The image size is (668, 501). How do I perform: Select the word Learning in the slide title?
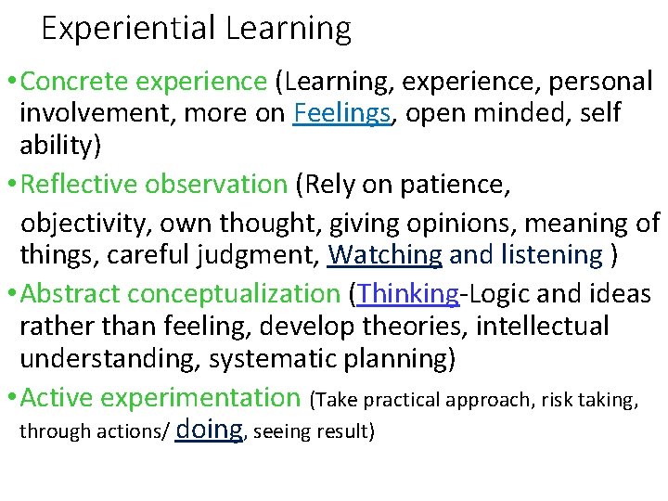coord(288,29)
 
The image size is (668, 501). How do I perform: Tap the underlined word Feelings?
coord(341,114)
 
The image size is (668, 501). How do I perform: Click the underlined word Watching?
coord(385,253)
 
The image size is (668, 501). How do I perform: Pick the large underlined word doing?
coord(209,428)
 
